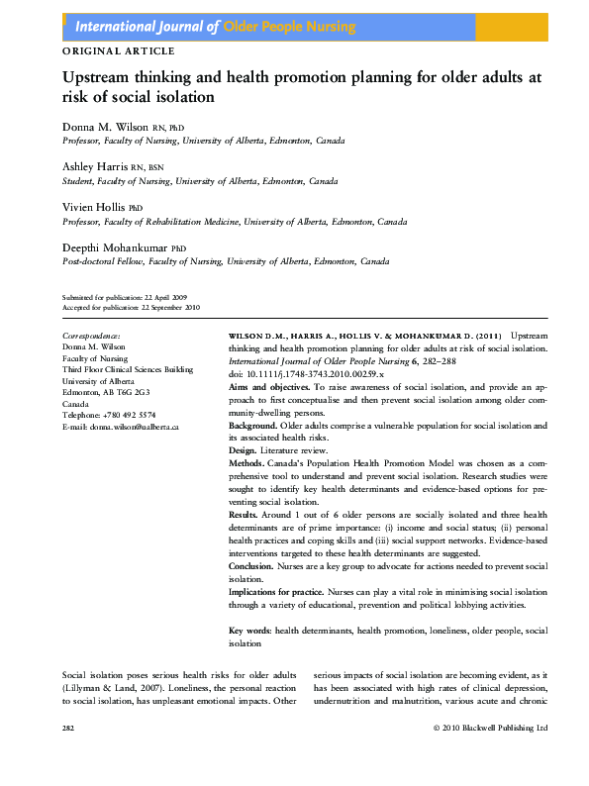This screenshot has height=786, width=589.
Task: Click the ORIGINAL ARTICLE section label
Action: pyautogui.click(x=118, y=50)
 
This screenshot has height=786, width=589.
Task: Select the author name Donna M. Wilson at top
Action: pyautogui.click(x=104, y=128)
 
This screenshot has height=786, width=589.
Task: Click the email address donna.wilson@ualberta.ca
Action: pyautogui.click(x=132, y=426)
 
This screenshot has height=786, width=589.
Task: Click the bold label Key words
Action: pyautogui.click(x=250, y=631)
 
